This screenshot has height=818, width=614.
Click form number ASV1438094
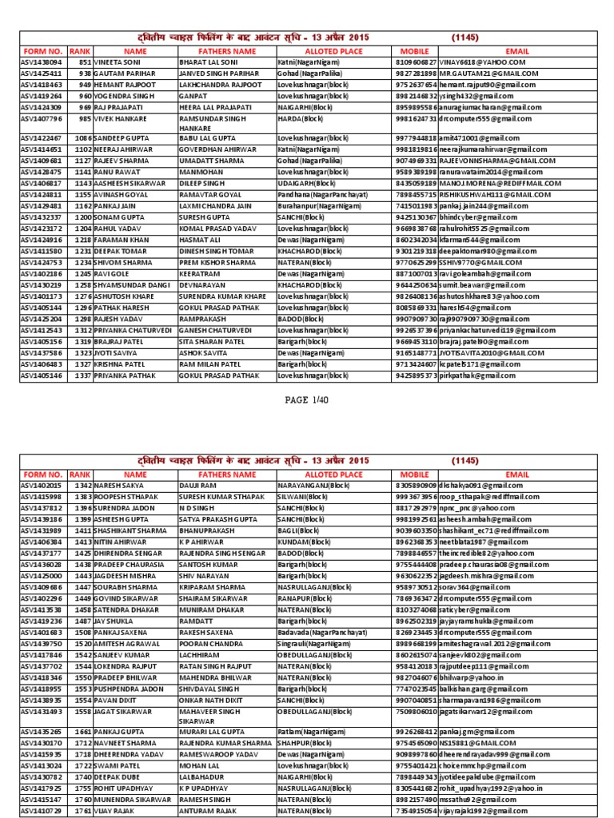coord(42,62)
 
